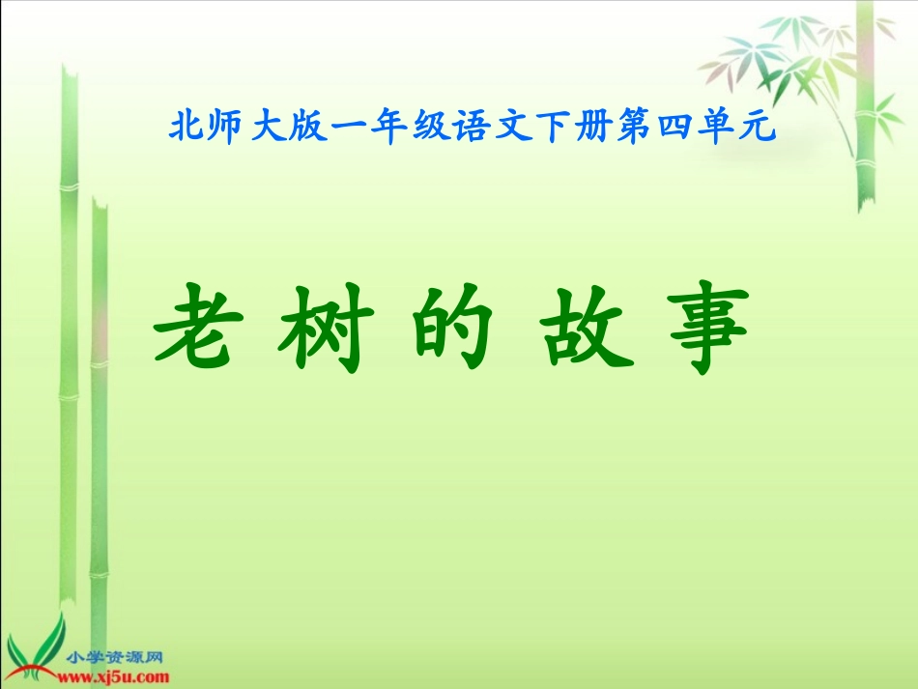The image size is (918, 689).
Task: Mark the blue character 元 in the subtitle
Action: point(759,128)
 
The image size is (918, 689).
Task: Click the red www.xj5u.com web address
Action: point(119,676)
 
